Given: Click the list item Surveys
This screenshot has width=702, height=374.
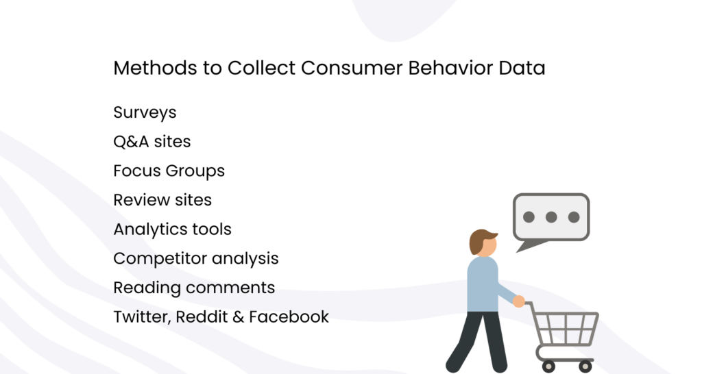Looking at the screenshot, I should pos(145,112).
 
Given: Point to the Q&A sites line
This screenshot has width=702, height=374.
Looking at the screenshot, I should pos(152,142).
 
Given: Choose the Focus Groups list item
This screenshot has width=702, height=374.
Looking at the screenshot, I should pos(169,171).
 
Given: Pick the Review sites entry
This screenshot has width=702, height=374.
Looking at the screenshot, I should pos(162,200).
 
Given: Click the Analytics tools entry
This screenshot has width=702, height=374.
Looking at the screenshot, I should pos(172,229).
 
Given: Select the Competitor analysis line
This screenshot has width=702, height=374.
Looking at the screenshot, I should pos(196,258).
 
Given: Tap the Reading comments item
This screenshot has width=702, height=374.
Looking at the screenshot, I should pos(194,288).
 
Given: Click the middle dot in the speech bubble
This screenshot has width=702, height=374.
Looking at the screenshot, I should pos(551,217).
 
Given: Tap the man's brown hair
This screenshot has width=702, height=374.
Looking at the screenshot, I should pos(482,240).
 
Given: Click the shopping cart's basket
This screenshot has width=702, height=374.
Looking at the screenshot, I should pos(566,328).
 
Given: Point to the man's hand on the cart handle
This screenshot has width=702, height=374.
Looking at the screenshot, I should pos(519,301).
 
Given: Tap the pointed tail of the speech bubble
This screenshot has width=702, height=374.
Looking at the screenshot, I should pos(524,247).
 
